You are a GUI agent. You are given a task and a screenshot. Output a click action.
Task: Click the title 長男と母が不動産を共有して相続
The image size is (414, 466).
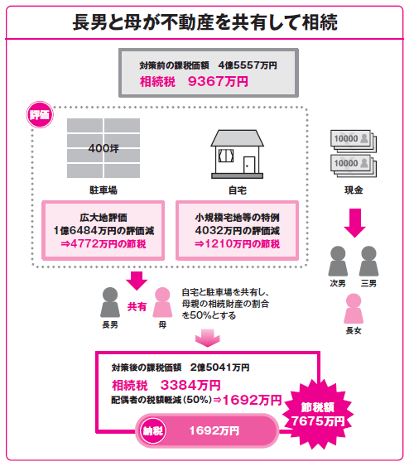tap(205, 22)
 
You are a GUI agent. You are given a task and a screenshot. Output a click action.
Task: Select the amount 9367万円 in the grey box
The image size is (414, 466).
tap(218, 81)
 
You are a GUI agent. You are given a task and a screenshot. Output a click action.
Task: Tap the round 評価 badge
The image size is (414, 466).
tap(40, 115)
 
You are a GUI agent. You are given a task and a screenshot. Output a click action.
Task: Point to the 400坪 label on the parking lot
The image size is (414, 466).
tap(103, 148)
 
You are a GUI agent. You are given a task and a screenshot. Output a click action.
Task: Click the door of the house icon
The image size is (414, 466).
tap(249, 165)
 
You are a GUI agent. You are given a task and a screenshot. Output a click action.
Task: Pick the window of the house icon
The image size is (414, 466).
tap(226, 156)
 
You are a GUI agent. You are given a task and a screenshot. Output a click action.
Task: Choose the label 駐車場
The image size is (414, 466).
tap(103, 190)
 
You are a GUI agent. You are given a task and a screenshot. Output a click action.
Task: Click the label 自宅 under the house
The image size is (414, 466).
tap(238, 190)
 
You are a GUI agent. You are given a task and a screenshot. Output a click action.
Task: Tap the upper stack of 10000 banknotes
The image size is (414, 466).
tap(354, 141)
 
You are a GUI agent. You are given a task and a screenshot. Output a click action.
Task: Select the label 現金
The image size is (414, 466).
tap(354, 190)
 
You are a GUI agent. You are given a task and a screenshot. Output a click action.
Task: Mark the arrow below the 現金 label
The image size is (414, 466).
tap(354, 223)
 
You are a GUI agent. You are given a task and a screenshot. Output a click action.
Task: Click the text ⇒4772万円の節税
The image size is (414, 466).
tap(103, 244)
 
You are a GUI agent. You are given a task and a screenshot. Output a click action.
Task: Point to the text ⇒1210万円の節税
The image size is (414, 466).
tap(237, 244)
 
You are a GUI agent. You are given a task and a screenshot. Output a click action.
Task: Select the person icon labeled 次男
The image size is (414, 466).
tap(338, 261)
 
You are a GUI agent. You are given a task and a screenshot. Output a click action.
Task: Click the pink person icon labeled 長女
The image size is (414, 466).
tap(354, 308)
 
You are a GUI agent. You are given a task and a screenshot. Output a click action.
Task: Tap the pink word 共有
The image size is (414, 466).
tap(137, 306)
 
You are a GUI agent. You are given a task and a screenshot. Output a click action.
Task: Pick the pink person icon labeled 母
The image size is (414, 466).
tap(162, 302)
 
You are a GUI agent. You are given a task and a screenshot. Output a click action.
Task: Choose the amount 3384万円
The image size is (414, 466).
tap(190, 385)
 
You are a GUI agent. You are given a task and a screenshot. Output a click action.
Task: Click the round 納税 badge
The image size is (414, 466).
tap(152, 430)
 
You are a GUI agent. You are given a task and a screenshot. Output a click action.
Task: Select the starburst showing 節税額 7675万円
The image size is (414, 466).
tap(317, 414)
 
